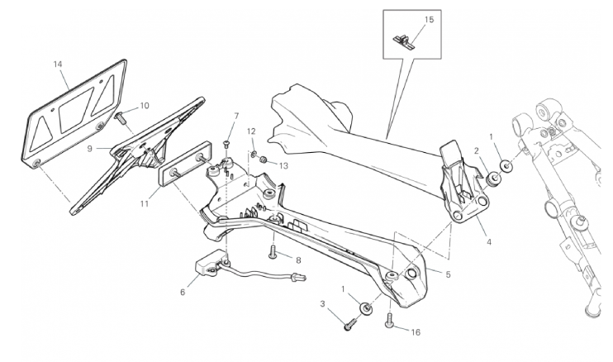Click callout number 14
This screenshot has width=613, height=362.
pyautogui.click(x=58, y=64)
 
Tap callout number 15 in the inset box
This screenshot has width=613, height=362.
pyautogui.click(x=430, y=20)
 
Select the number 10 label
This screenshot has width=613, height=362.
pyautogui.click(x=145, y=106)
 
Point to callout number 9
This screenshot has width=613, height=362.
pyautogui.click(x=89, y=149)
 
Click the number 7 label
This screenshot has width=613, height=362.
pyautogui.click(x=236, y=116)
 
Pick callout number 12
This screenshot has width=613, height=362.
pyautogui.click(x=251, y=131)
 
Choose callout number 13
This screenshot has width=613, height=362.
pyautogui.click(x=283, y=166)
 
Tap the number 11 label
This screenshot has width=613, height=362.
pyautogui.click(x=145, y=203)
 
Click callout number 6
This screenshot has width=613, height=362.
pyautogui.click(x=183, y=292)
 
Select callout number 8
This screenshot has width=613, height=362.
pyautogui.click(x=298, y=260)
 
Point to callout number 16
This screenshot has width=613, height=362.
pyautogui.click(x=416, y=332)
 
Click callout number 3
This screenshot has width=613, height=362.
pyautogui.click(x=322, y=304)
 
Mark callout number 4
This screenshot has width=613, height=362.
pyautogui.click(x=489, y=242)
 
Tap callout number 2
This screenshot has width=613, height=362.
pyautogui.click(x=477, y=151)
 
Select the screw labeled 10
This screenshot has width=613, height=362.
pyautogui.click(x=121, y=118)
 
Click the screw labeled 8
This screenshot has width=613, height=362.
pyautogui.click(x=273, y=252)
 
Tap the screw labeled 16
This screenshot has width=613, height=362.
pyautogui.click(x=389, y=321)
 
